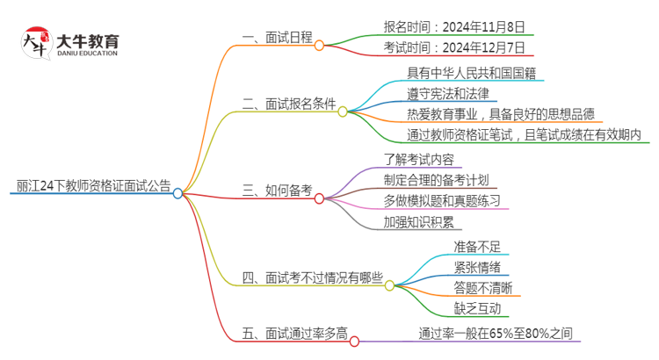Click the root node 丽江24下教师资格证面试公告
[x=93, y=185]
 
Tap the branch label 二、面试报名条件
[x=288, y=104]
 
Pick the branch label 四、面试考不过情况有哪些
[x=312, y=279]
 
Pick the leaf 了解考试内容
[x=420, y=159]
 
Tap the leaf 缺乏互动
[x=477, y=307]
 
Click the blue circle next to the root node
[x=177, y=193]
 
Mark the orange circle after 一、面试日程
[x=319, y=45]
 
